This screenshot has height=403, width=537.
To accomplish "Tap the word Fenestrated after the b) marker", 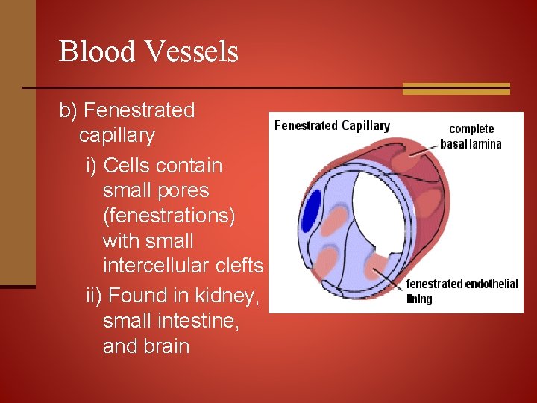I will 139,110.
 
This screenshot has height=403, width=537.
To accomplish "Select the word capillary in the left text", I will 116,136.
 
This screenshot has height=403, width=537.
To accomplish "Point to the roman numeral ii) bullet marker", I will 95,296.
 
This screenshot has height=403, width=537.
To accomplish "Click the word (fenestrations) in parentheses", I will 169,216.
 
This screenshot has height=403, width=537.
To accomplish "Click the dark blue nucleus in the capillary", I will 311,211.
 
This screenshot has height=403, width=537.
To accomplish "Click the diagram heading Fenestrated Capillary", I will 332,125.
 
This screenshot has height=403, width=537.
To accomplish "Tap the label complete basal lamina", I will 471,137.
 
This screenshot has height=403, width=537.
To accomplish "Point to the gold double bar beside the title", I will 456,88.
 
